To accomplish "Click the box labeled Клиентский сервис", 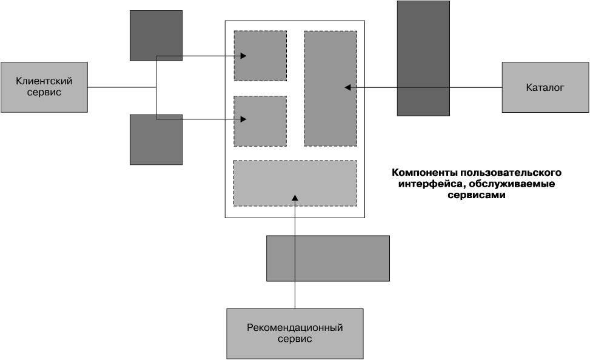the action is (x=44, y=87).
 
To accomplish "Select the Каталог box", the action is (x=545, y=87).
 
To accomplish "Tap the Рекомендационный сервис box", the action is (x=295, y=334).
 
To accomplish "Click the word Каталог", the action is (x=545, y=88).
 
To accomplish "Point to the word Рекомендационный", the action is (x=295, y=328).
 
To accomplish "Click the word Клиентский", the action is (x=44, y=81).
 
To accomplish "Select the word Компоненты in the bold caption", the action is (x=424, y=173).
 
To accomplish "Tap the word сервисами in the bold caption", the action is (x=477, y=195).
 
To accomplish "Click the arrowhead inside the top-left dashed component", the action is (x=243, y=56).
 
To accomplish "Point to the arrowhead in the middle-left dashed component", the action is (x=243, y=119).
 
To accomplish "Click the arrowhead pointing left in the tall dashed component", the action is (x=347, y=87).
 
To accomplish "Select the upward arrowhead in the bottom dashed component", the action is (x=295, y=198).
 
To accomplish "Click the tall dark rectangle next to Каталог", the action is (x=423, y=58).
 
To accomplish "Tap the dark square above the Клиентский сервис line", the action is (x=156, y=35).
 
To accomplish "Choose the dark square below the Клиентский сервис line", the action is (x=156, y=139).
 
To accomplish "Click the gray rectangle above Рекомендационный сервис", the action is (x=328, y=258).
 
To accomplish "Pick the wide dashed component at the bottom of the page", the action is (x=295, y=183).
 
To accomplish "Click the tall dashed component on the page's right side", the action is (x=330, y=88).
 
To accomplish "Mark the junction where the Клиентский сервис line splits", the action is (x=156, y=87).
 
